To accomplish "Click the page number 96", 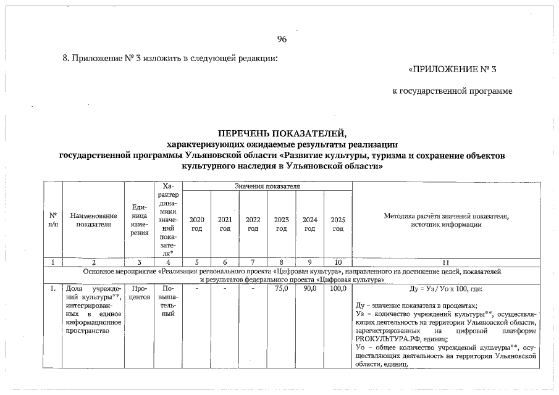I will click(x=282, y=39).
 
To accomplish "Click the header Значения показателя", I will click(x=267, y=185).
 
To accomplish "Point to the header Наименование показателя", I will click(x=93, y=220).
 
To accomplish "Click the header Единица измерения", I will click(x=140, y=220).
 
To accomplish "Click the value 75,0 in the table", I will click(x=281, y=288).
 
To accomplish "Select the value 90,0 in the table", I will click(x=309, y=288).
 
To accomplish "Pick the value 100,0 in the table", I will click(x=337, y=288).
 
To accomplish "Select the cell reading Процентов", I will click(x=140, y=293).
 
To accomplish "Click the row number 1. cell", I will click(x=53, y=288).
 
